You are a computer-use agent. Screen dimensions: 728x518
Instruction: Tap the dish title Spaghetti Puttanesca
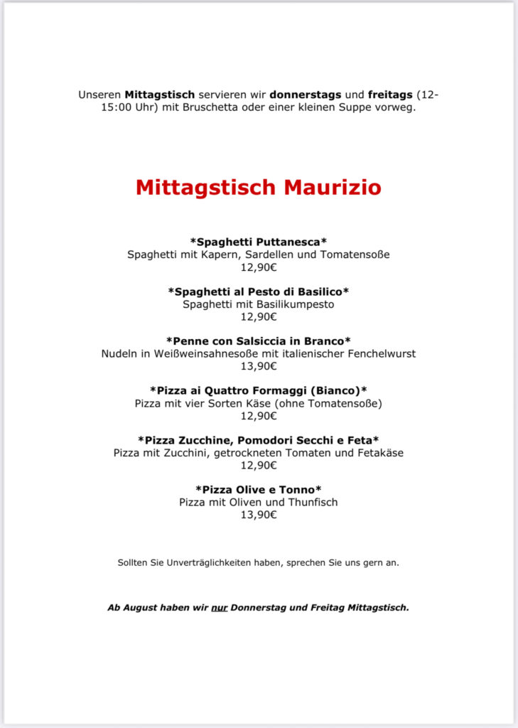tap(258, 242)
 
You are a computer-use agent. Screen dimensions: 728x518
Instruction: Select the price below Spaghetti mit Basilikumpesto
tap(258, 317)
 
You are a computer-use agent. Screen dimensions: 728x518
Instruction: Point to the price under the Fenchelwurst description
tap(258, 367)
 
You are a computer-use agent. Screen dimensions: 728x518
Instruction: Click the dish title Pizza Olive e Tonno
tap(258, 489)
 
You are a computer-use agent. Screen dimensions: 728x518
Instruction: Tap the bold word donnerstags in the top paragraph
tap(305, 95)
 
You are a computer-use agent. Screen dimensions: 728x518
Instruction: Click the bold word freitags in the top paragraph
tap(390, 95)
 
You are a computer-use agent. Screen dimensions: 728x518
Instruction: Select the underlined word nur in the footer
tap(219, 609)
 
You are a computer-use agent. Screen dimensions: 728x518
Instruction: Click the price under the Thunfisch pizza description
tap(258, 515)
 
